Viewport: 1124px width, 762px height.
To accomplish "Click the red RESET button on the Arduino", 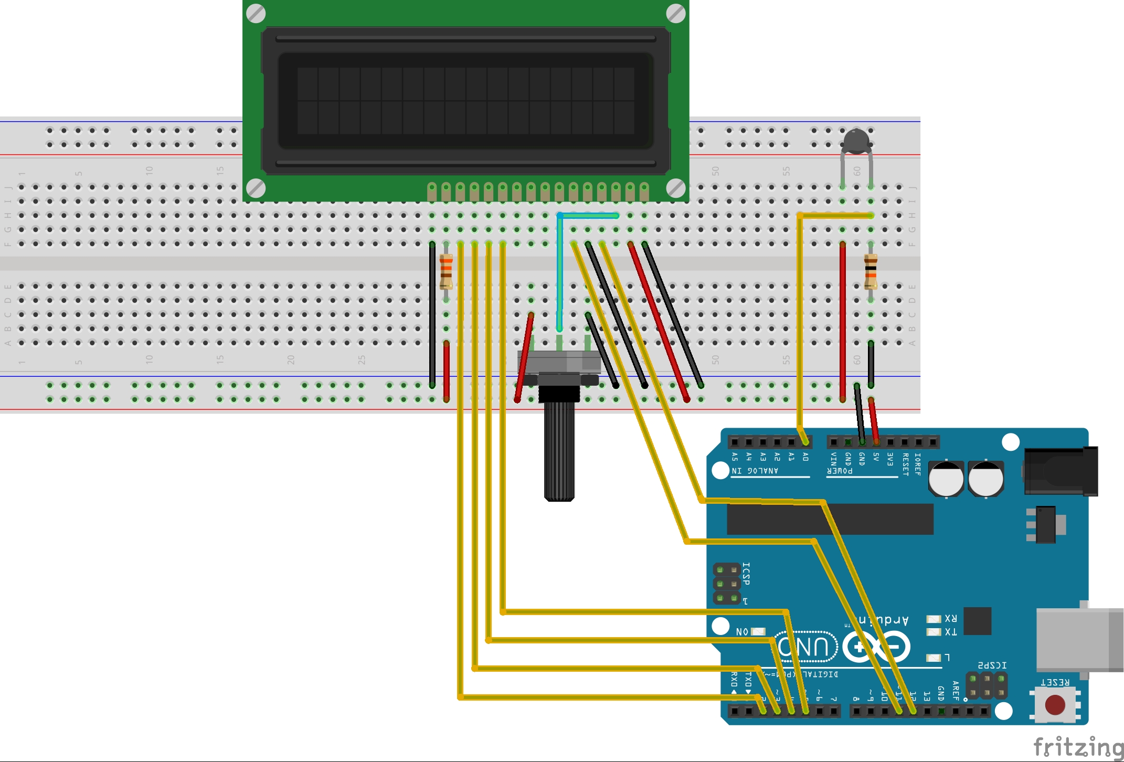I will [x=1055, y=705].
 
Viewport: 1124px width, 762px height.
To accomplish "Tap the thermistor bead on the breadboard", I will [x=856, y=141].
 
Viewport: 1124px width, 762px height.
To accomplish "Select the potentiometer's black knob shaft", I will [x=559, y=451].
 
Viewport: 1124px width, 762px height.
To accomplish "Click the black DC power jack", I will [x=1061, y=471].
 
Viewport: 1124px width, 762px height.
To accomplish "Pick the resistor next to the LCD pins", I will [x=446, y=271].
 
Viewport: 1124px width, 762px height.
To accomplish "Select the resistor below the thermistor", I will [x=871, y=271].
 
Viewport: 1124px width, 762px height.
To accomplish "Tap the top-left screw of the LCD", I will [x=256, y=13].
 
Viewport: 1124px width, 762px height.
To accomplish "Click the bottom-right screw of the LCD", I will [x=676, y=188].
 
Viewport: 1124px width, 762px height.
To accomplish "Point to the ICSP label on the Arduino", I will [x=746, y=574].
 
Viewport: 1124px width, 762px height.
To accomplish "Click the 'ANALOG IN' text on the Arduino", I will [x=755, y=471].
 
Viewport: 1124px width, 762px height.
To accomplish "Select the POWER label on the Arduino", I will [x=840, y=471].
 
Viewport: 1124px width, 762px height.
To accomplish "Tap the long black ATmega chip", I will [x=830, y=519].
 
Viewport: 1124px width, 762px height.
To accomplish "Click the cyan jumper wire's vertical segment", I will [x=559, y=273].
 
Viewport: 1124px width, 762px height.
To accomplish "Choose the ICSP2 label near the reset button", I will [x=992, y=665].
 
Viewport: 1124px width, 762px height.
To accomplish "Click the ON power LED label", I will [x=742, y=631].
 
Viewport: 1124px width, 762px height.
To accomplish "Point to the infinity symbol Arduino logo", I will [x=876, y=646].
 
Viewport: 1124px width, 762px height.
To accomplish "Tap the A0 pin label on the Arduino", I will [x=805, y=457].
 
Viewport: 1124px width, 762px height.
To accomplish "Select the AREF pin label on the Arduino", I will [x=956, y=691].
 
